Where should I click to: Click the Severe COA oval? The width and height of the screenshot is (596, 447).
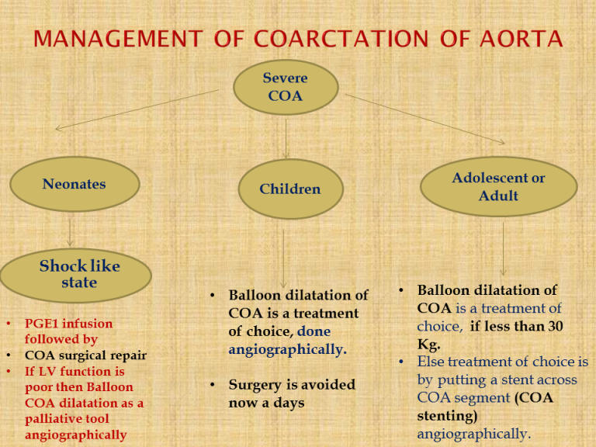point(286,87)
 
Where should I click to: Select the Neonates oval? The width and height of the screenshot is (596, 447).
point(74,185)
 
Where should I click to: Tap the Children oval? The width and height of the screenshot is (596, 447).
point(289,189)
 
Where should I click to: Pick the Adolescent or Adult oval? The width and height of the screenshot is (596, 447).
point(498,187)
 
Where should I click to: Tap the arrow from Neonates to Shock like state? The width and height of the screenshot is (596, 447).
point(71,230)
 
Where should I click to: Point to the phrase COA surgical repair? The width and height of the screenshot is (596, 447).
point(85,355)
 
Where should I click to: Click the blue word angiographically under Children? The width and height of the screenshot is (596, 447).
point(286,350)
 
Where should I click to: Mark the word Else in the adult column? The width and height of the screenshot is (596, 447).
point(431,362)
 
